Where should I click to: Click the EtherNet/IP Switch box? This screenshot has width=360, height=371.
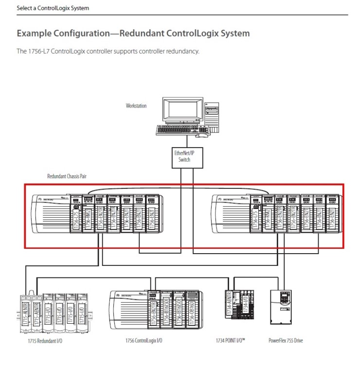point(184,156)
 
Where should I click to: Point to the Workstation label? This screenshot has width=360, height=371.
point(136,106)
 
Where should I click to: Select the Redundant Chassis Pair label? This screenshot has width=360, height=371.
point(67,176)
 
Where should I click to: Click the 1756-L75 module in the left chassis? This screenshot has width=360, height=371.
point(76,214)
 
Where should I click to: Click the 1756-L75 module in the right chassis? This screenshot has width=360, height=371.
point(256,214)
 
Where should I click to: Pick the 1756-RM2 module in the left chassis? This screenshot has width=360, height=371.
point(89,214)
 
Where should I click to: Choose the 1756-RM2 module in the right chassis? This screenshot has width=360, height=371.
point(268,214)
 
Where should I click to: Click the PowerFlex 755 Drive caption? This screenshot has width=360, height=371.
point(286,340)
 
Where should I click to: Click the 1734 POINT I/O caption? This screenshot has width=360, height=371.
point(230,340)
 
